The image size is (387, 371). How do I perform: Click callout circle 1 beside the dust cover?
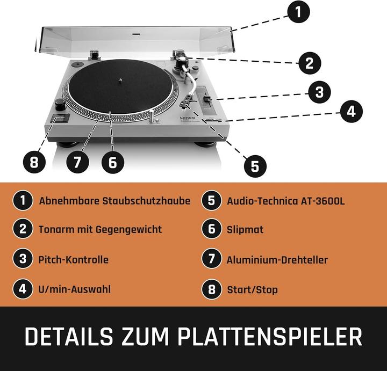click(298, 11)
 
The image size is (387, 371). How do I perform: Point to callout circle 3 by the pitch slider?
click(319, 92)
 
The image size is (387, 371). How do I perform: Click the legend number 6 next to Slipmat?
click(212, 229)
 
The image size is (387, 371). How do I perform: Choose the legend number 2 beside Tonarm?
click(23, 229)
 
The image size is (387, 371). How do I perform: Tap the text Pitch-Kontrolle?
click(73, 260)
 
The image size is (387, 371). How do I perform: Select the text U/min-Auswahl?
click(75, 289)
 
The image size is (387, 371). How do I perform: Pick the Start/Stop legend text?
click(252, 290)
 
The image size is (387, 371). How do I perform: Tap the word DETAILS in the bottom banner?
click(68, 337)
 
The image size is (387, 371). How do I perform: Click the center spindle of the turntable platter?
click(121, 83)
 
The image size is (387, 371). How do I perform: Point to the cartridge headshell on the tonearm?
click(189, 99)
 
